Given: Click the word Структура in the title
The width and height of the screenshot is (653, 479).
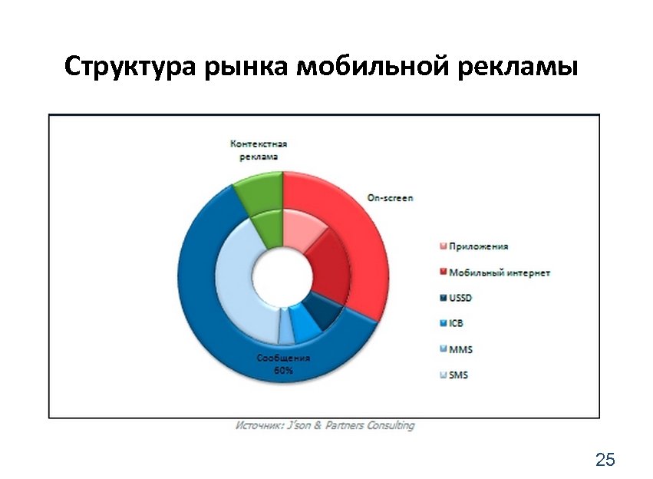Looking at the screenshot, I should (131, 67).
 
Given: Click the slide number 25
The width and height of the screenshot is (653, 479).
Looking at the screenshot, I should (605, 460).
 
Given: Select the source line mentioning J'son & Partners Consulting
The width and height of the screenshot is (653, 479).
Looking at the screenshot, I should (325, 425).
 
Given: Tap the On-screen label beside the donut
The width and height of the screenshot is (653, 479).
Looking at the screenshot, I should (390, 198).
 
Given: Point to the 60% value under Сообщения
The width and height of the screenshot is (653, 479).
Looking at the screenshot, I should (283, 371).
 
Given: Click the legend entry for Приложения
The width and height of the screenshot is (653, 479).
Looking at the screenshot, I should (478, 246).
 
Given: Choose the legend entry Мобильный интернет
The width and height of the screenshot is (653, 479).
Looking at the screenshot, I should (499, 273).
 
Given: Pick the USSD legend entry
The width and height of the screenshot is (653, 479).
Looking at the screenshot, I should (460, 298).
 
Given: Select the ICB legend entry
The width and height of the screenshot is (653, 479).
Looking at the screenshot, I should (456, 323).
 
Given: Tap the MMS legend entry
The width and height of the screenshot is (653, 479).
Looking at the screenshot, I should (460, 349).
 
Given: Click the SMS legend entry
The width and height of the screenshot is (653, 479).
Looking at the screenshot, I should (458, 375).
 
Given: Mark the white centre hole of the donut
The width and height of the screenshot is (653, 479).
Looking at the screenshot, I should (283, 277).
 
